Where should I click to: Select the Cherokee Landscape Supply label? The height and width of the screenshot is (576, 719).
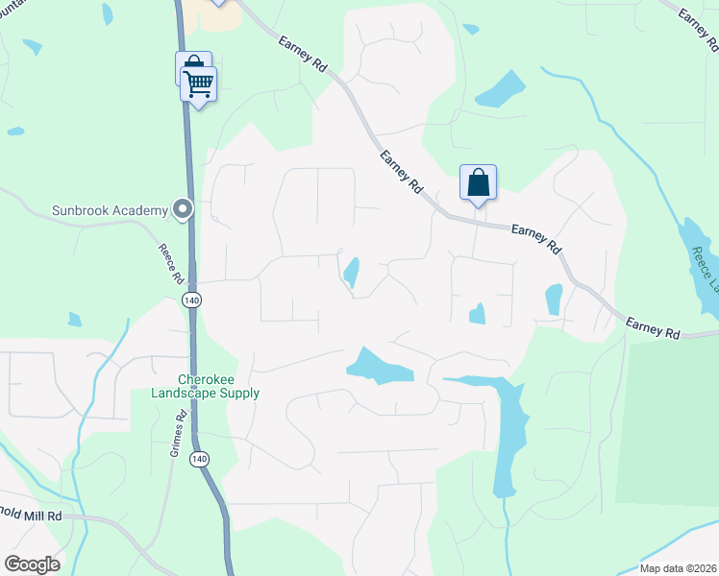coord(206,386)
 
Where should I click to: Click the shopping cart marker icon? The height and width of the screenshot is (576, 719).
coord(199,84)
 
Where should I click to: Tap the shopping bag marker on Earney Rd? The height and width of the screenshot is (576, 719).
coord(479,182)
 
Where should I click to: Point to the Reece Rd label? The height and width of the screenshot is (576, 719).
coord(171,263)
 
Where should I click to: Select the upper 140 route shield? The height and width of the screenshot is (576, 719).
coord(192,300)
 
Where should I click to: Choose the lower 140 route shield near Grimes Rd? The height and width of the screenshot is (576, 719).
coord(199,460)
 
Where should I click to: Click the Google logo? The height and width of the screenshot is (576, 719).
coord(33,564)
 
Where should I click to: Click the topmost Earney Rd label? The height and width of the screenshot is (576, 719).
coord(301,54)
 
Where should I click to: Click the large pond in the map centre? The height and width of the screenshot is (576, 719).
coord(380,365)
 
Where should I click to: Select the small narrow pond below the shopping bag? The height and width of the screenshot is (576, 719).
coord(352,272)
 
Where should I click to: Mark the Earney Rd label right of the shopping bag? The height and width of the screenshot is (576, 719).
coord(536,237)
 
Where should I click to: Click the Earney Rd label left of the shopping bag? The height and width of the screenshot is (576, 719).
coord(402,173)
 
